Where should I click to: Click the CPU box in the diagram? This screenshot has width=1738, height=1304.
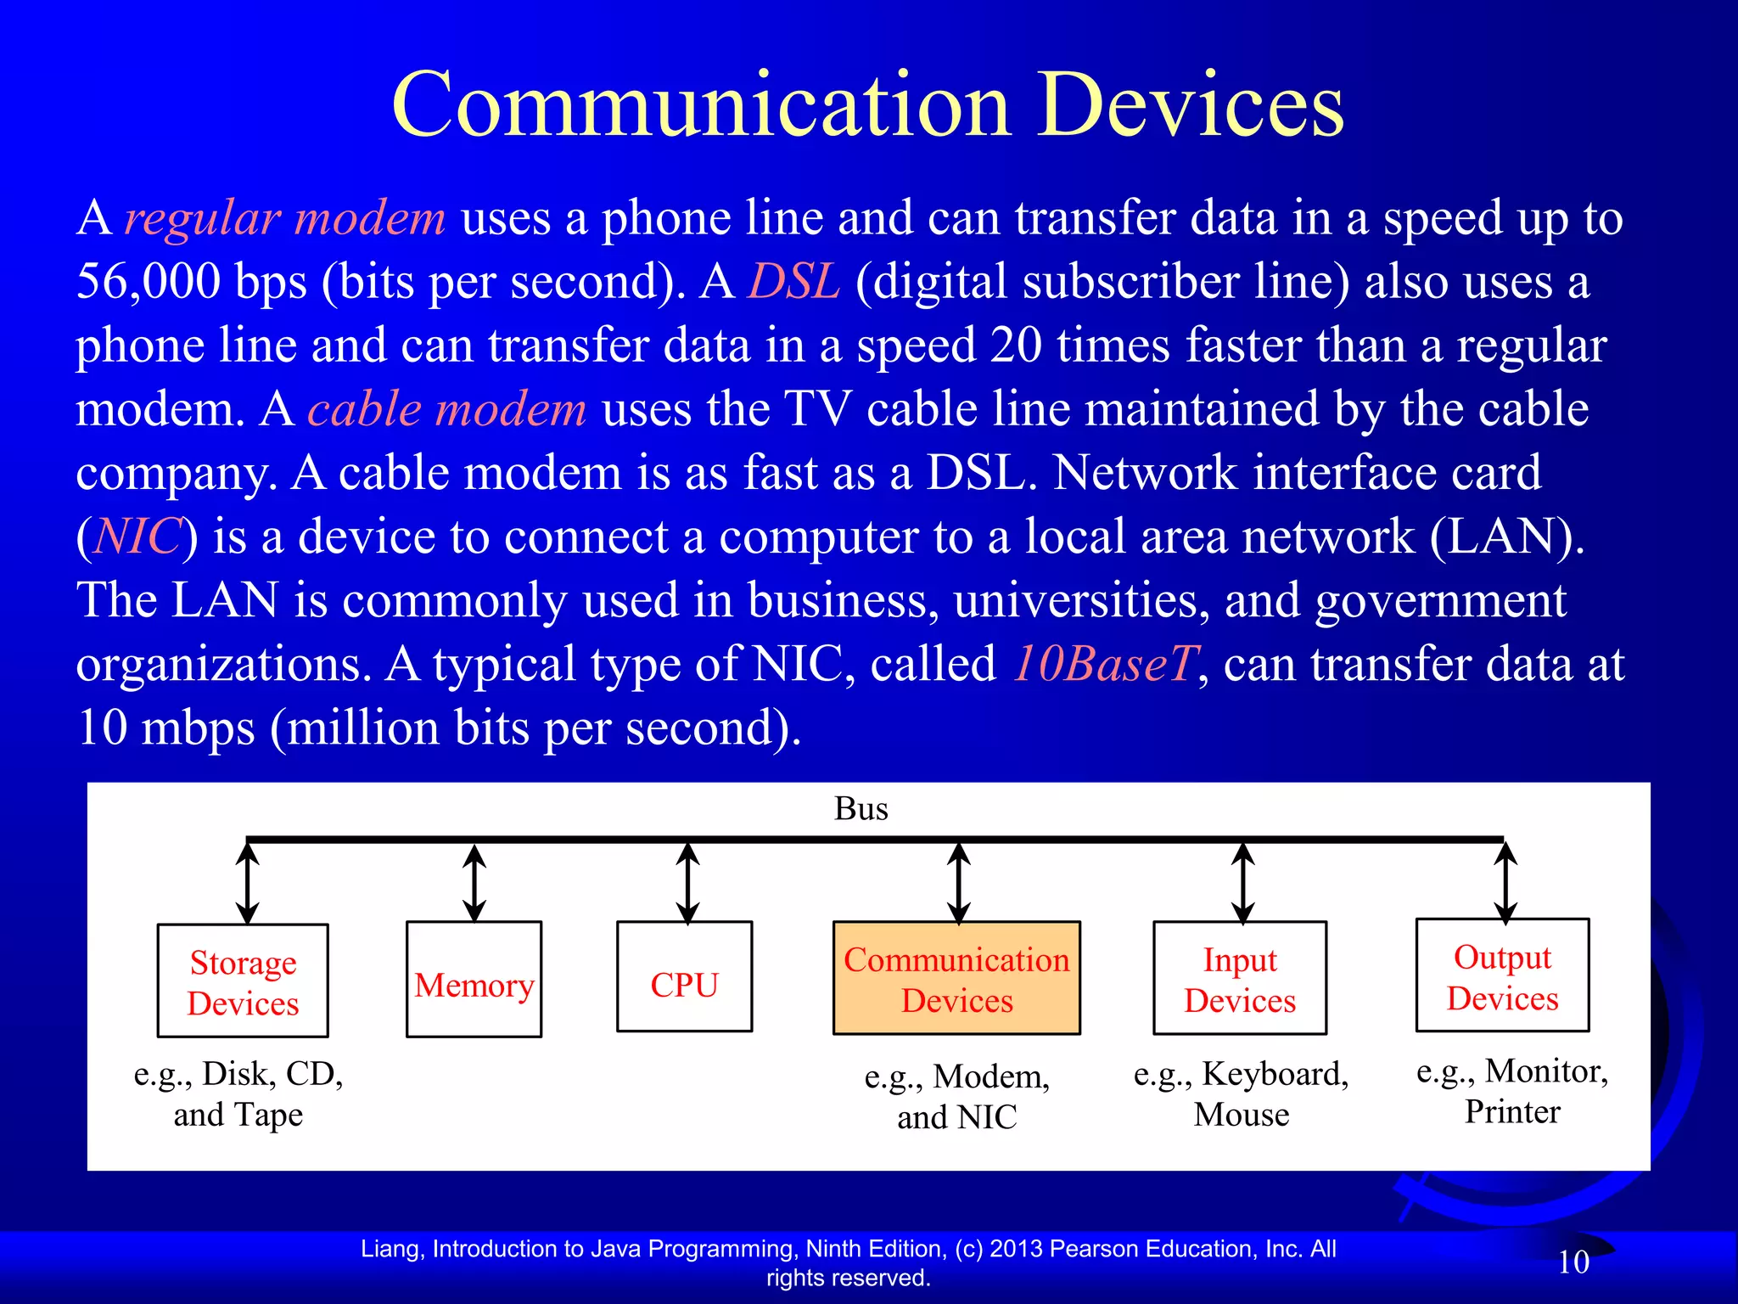(x=684, y=977)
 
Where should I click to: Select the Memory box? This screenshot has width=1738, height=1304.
(x=474, y=980)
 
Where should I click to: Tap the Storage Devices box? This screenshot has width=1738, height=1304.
(x=243, y=981)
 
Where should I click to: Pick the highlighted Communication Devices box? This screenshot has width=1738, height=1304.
(x=956, y=978)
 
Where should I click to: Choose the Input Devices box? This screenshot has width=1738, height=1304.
(x=1240, y=978)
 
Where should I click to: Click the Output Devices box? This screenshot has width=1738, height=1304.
(x=1502, y=975)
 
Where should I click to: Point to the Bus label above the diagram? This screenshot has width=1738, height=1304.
(x=861, y=809)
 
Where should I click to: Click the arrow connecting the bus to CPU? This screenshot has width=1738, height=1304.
(x=687, y=883)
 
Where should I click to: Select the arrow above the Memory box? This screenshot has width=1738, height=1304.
(x=474, y=883)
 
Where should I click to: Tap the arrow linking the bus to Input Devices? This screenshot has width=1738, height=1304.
(x=1242, y=883)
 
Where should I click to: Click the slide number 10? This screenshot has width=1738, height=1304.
(x=1573, y=1262)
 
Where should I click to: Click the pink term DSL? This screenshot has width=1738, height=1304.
(x=793, y=282)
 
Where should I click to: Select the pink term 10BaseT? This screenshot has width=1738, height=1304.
(x=1106, y=664)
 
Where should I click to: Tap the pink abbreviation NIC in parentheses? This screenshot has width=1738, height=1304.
(x=137, y=537)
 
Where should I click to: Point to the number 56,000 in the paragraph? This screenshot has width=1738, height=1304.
(x=149, y=282)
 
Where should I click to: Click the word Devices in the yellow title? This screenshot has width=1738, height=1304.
(x=1191, y=105)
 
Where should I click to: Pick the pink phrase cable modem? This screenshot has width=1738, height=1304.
(x=447, y=409)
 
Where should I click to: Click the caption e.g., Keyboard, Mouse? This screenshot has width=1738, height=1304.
(x=1241, y=1093)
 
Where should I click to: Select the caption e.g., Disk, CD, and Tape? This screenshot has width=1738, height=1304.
(x=238, y=1093)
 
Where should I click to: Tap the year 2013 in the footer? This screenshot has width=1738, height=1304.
(x=1017, y=1249)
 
